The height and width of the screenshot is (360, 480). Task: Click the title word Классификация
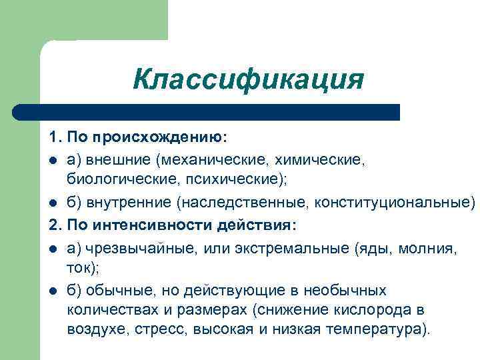pyautogui.click(x=248, y=79)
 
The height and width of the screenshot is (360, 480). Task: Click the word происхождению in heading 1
pyautogui.click(x=159, y=137)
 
